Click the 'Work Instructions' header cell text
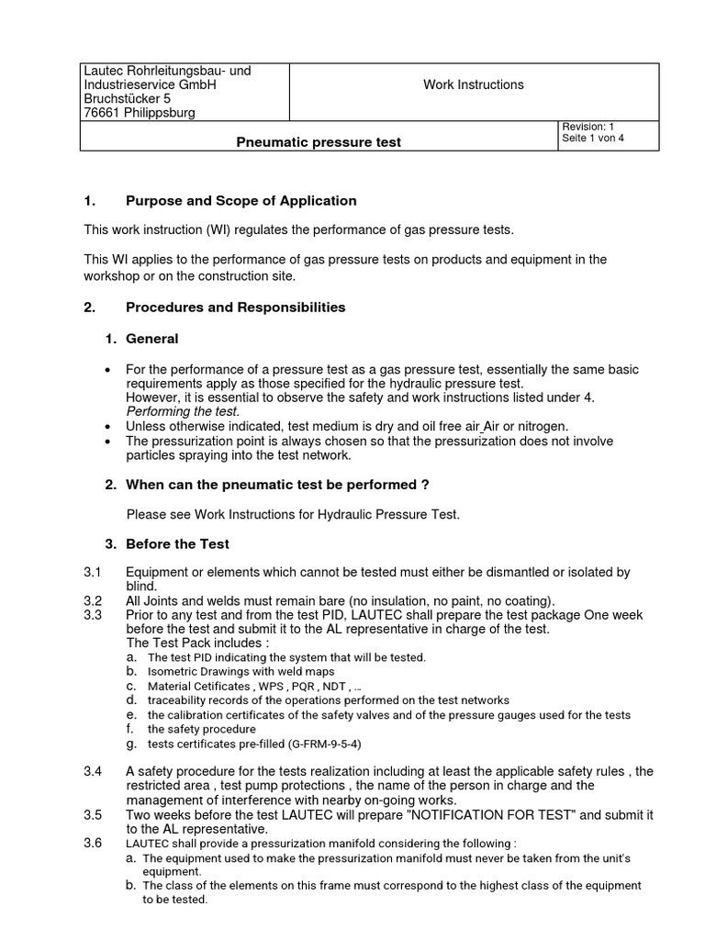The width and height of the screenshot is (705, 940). click(473, 84)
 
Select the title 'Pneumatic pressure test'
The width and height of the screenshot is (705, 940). click(319, 143)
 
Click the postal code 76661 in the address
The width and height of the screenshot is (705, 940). click(104, 113)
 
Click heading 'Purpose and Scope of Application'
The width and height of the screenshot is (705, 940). click(241, 201)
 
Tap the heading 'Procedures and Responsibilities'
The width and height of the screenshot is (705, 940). click(235, 308)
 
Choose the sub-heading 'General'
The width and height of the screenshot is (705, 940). click(152, 339)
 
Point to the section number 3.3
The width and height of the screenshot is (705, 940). click(92, 615)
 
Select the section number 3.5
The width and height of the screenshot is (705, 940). click(92, 814)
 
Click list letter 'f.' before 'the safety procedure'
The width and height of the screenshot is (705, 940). click(131, 729)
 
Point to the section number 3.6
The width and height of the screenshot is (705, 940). click(92, 843)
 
